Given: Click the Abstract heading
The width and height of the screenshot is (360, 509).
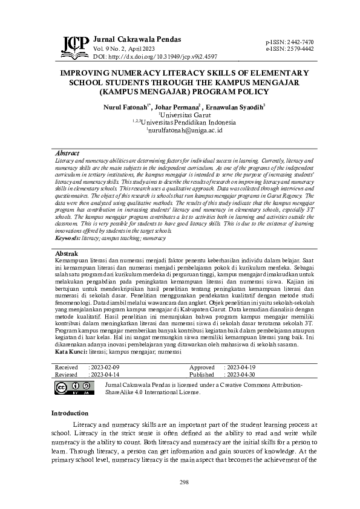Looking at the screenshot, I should coord(67,154).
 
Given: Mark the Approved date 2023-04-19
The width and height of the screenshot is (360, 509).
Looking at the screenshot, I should coord(240,367).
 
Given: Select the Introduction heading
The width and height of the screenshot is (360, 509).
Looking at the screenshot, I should coord(70,413).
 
